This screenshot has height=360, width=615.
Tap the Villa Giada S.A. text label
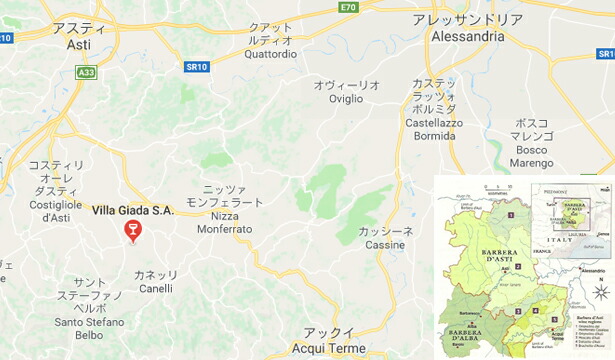point(132,210)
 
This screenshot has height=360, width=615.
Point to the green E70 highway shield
point(347,7)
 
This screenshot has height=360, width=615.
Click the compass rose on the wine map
point(601,292)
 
